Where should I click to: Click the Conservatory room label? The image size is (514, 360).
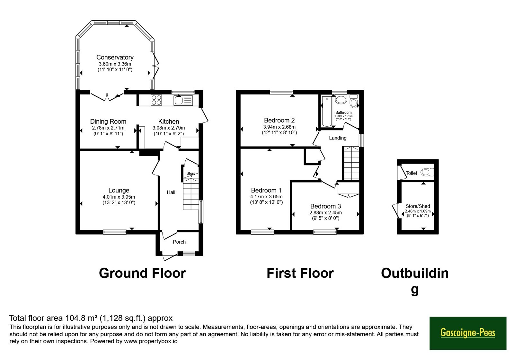115,57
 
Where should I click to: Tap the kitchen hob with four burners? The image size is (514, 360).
156,100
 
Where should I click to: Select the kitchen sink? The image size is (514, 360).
183,100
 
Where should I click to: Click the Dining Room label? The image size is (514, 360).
108,122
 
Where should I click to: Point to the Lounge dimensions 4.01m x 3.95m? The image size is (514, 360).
119,197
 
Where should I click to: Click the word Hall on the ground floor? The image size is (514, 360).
171,193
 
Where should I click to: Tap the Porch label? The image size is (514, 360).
179,242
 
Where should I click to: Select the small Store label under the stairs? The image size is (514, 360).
191,174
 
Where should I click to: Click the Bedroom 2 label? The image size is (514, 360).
279,120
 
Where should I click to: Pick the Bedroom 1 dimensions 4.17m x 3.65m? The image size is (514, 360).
266,197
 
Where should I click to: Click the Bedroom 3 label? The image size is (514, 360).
326,206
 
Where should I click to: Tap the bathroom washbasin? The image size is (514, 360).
341,100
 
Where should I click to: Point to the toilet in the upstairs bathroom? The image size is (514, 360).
354,101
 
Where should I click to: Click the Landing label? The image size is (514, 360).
338,138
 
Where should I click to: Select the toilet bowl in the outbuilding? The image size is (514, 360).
427,172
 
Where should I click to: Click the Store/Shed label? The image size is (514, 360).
418,206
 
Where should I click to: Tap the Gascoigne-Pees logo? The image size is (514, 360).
468,333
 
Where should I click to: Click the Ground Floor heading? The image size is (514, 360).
142,273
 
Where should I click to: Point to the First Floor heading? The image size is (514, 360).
300,273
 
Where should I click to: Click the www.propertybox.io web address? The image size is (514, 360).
151,341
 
